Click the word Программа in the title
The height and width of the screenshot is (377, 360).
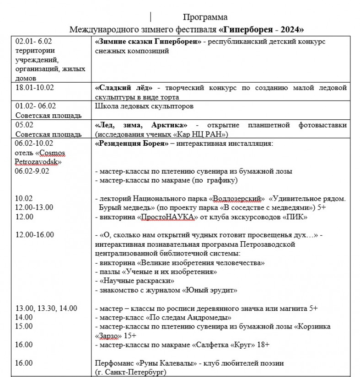point(205,17)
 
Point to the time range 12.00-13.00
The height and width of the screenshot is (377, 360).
point(34,207)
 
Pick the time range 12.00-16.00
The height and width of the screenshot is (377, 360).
point(34,235)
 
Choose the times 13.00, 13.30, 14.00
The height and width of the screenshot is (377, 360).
point(46,308)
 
